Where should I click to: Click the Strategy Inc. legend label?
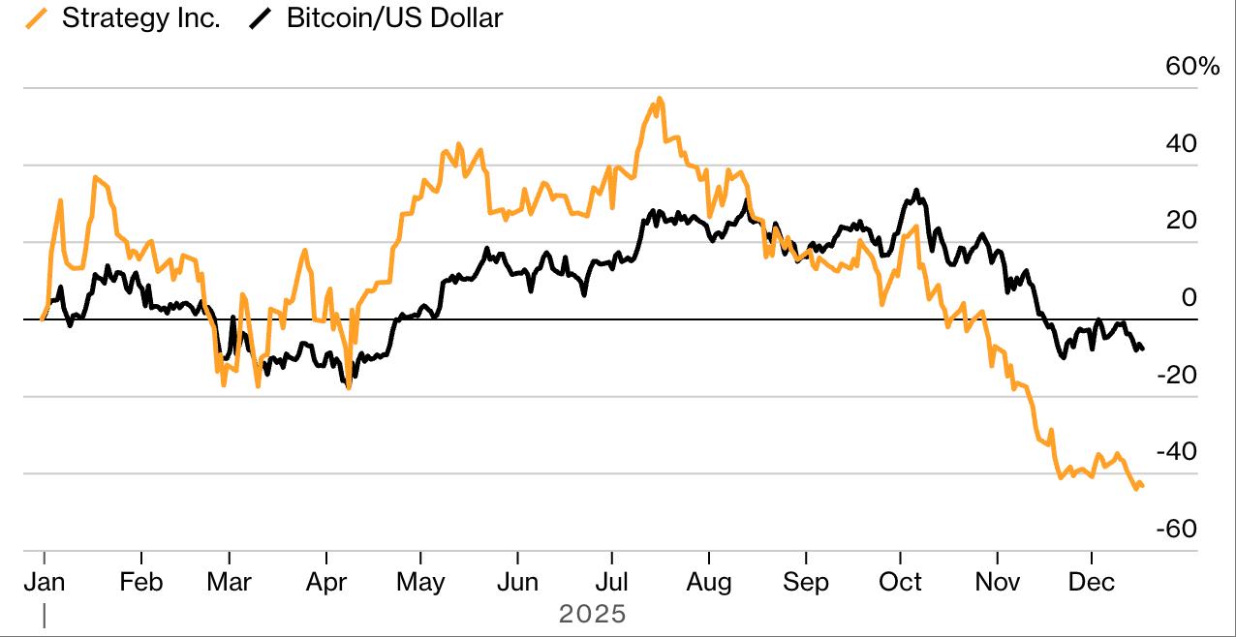pos(140,17)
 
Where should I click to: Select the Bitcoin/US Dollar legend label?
pos(394,17)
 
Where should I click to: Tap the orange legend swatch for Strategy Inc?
pos(40,17)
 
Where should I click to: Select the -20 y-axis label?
pos(1177,375)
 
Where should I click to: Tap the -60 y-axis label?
pos(1177,529)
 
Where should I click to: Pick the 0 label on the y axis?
pos(1190,297)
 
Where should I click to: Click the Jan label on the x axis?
pos(44,582)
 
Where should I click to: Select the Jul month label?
pos(611,582)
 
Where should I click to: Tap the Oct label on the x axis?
pos(900,582)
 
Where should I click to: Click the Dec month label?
pos(1092,582)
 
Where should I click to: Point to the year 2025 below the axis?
pos(593,614)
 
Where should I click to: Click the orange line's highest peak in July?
pos(659,98)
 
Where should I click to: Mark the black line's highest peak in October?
pos(915,191)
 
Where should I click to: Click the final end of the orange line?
pos(1143,486)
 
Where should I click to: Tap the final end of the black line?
pos(1143,349)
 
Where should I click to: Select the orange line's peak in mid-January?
pos(95,177)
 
